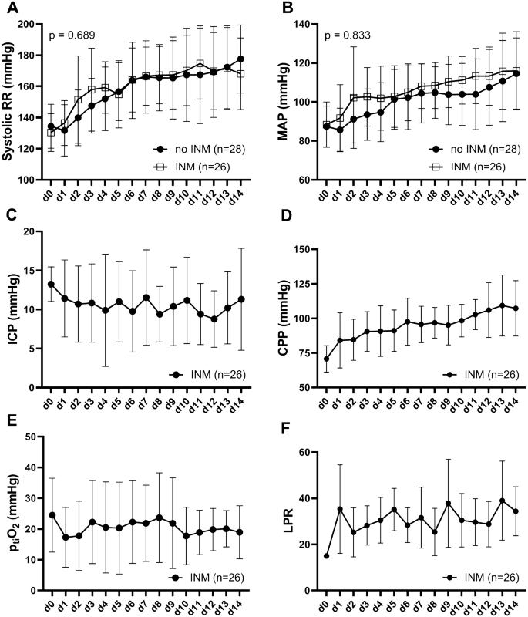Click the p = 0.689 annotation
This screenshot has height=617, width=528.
point(74,36)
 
